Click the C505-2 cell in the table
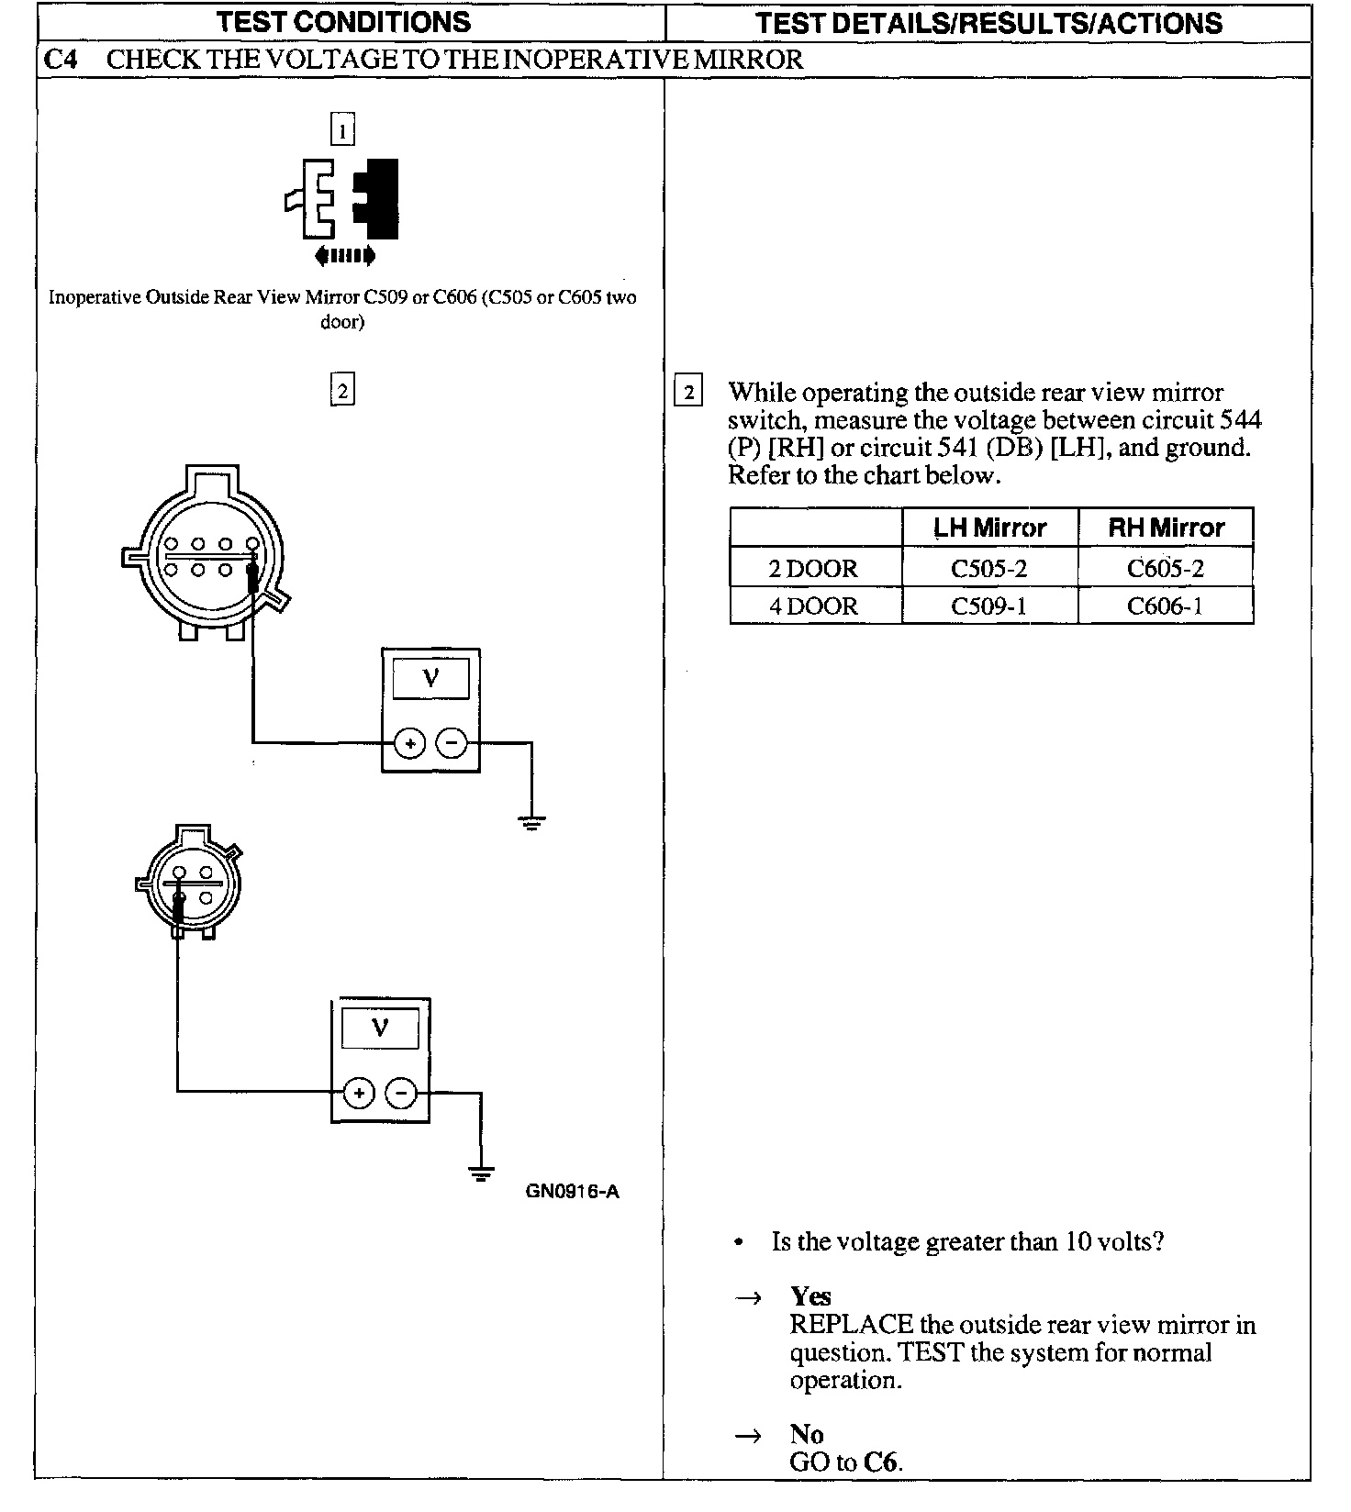click(988, 568)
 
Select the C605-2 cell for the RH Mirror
click(1165, 568)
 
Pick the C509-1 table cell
click(988, 606)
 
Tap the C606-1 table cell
click(1165, 606)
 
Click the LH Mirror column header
click(989, 528)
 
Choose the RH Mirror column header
click(1166, 528)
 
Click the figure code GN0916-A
click(572, 1191)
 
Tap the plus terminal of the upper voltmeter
click(409, 743)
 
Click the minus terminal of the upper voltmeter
click(451, 743)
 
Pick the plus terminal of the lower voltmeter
click(359, 1093)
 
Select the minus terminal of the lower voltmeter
click(401, 1093)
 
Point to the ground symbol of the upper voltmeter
click(531, 821)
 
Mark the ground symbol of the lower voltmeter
click(480, 1173)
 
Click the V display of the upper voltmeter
click(430, 679)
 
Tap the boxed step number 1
click(341, 131)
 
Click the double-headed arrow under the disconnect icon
click(344, 256)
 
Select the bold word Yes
click(810, 1295)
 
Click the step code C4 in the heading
click(61, 60)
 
